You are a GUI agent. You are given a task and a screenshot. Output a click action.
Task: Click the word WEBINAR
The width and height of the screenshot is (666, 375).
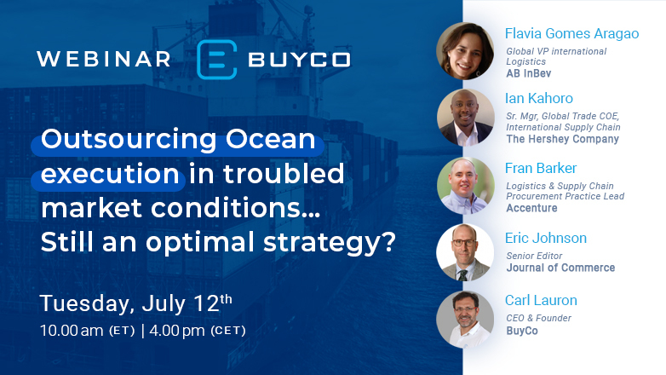103,59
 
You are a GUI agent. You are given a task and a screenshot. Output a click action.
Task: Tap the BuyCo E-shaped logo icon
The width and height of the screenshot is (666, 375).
217,59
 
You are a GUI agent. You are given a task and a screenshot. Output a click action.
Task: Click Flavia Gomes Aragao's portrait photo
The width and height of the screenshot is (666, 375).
465,51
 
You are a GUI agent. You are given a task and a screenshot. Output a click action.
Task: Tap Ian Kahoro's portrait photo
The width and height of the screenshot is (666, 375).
465,118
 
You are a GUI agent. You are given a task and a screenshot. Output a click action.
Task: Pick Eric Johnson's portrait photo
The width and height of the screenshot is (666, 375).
465,252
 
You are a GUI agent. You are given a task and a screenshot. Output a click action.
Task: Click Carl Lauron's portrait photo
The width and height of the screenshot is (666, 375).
465,319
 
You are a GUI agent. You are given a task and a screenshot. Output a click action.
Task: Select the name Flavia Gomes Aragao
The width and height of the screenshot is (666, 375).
571,34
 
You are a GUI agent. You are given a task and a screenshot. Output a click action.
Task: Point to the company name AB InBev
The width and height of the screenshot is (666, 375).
528,73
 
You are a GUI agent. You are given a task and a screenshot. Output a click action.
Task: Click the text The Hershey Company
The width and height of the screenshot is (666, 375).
562,139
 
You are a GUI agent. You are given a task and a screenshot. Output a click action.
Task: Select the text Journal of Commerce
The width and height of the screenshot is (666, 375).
560,268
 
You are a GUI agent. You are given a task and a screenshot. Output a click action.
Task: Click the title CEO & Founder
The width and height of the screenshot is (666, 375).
538,318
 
